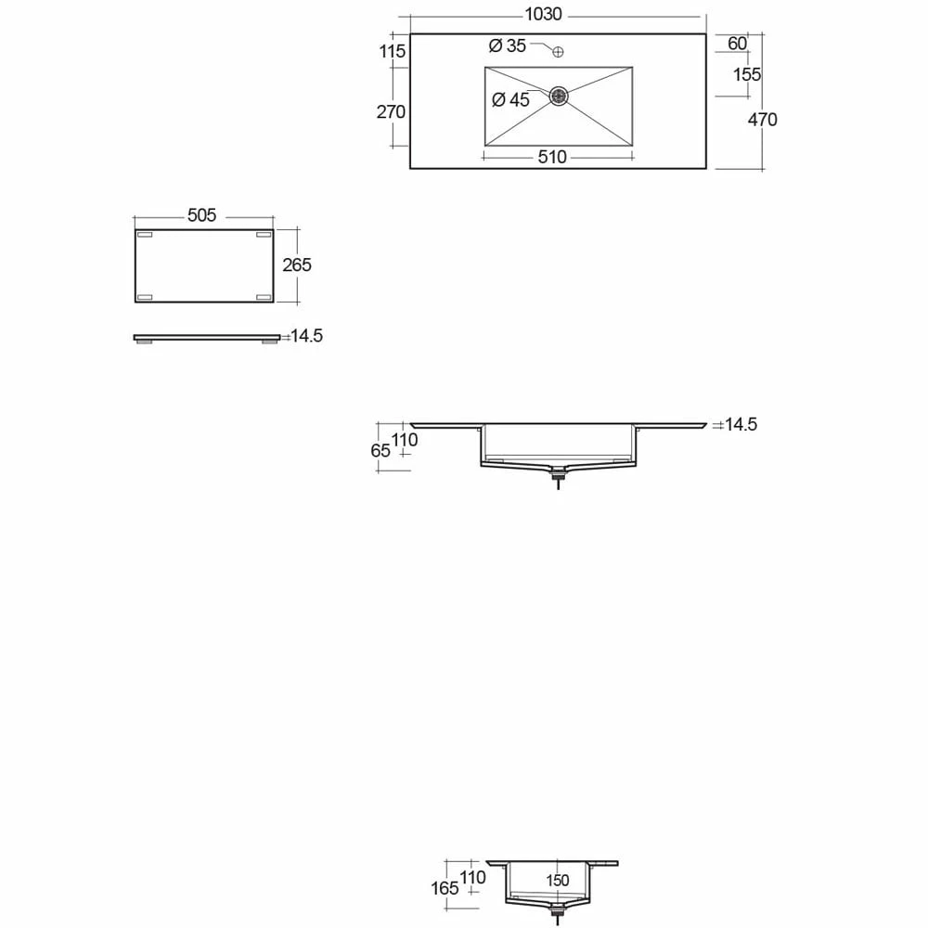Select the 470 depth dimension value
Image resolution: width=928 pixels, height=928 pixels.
tap(762, 120)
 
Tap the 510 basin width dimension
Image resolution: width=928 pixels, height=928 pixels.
tap(551, 158)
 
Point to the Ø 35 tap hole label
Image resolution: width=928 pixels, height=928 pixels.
tap(507, 45)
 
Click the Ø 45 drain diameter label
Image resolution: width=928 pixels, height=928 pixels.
tap(510, 100)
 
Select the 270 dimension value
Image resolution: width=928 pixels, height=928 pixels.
tap(392, 112)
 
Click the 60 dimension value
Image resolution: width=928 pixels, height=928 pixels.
tap(737, 44)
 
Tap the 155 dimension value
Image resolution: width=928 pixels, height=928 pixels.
tap(746, 75)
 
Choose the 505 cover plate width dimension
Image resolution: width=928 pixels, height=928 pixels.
tap(201, 215)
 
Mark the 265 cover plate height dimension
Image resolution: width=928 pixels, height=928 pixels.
tap(297, 265)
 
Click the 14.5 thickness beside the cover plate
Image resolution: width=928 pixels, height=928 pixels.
tap(306, 337)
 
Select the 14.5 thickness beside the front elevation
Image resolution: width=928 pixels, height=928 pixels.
tap(741, 425)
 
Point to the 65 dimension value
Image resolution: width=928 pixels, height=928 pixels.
tap(380, 452)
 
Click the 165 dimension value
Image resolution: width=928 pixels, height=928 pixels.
tap(445, 889)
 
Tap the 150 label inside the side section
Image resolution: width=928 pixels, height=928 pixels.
tap(557, 882)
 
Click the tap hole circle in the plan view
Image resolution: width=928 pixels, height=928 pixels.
tap(558, 52)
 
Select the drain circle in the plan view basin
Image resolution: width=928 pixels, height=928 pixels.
tap(559, 96)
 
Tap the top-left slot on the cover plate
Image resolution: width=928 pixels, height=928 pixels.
tap(144, 235)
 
